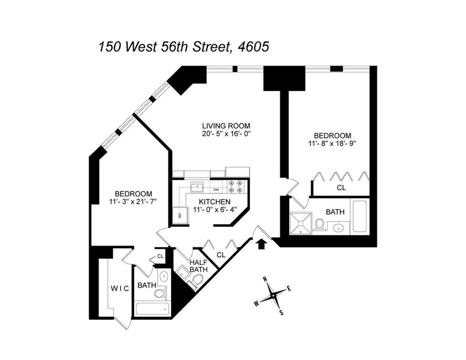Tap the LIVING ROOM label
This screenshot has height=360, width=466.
point(226,126)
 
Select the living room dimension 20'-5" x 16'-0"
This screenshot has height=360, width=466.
point(226,134)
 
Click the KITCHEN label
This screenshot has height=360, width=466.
point(215,202)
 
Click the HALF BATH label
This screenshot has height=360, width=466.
point(198,266)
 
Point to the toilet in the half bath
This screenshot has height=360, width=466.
point(197,279)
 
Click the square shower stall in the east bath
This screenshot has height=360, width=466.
point(301,223)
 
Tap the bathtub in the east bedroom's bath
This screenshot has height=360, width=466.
point(360,217)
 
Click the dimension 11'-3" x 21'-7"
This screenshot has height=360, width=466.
point(133,201)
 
